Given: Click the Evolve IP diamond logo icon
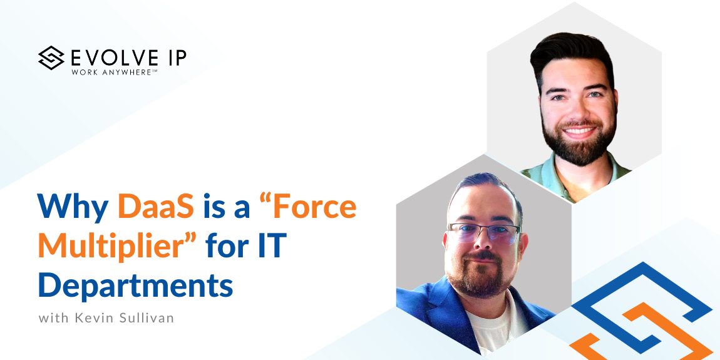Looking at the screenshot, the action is (51, 58).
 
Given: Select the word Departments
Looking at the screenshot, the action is (136, 284).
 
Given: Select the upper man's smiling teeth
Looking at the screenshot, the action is (578, 131).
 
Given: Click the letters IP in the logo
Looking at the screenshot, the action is (176, 58).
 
